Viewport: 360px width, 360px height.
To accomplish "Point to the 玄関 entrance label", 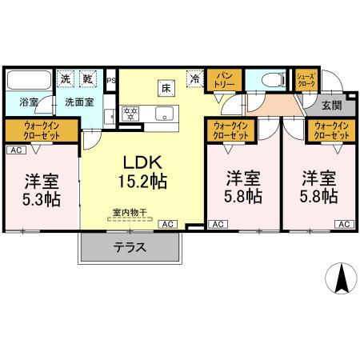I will point(332,104).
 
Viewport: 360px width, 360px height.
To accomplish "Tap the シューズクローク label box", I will point(306,79).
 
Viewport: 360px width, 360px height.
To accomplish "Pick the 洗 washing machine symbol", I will point(67,78).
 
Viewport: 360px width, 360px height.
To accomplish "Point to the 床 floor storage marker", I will point(166,86).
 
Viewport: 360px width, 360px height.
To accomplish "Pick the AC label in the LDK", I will point(168,225).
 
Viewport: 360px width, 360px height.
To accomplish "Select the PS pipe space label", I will point(110,80).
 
